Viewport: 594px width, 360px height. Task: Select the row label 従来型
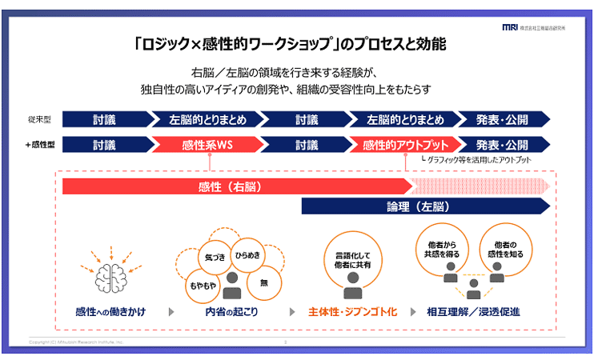pos(39,121)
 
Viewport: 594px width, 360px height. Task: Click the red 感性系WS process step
pos(207,145)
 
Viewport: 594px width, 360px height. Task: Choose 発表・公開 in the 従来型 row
pos(502,120)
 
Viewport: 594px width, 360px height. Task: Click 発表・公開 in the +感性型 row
pos(502,145)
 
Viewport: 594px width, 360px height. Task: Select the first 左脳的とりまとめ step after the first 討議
pos(207,120)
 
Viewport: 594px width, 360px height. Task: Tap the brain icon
pos(110,274)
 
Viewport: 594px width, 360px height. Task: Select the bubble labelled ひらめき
pos(248,254)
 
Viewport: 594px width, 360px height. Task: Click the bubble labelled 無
pos(264,282)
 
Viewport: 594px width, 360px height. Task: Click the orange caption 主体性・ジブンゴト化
pos(352,311)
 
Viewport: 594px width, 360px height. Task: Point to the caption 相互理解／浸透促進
pos(473,311)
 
